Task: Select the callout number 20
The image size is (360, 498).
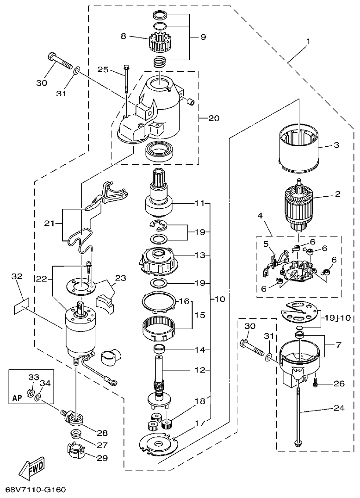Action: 213,118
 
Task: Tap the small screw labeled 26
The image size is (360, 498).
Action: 316,383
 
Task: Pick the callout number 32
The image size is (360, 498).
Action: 17,277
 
